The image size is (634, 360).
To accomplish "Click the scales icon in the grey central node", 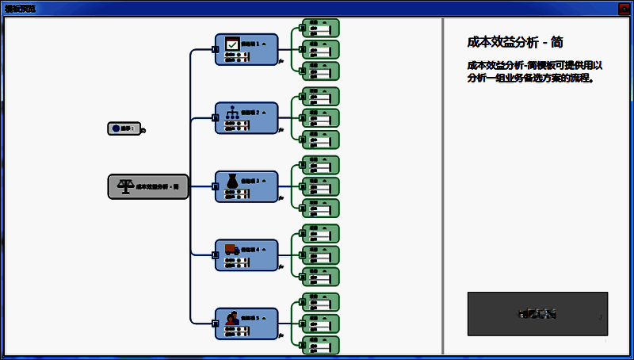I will point(125,186).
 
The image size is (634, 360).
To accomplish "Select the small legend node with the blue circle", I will point(124,128).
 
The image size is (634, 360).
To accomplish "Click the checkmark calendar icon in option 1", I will point(232,44).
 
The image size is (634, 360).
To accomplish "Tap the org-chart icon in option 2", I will point(232,113).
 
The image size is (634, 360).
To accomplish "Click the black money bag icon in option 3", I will point(231,182).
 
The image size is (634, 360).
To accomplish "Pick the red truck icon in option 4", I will point(231,250).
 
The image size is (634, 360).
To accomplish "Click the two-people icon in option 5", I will point(231,319).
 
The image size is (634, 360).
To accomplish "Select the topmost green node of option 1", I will point(320,28).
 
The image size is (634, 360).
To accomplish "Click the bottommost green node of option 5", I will point(320,345).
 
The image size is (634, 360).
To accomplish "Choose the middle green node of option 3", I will point(320,186).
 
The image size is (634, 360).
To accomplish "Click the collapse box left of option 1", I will point(215,49).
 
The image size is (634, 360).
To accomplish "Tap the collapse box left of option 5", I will point(215,324).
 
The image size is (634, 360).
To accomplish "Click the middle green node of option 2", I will point(320,117).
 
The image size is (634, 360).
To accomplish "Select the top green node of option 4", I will point(320,234).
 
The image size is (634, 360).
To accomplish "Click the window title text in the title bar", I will point(20,8).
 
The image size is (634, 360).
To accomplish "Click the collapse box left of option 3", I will point(215,186).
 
